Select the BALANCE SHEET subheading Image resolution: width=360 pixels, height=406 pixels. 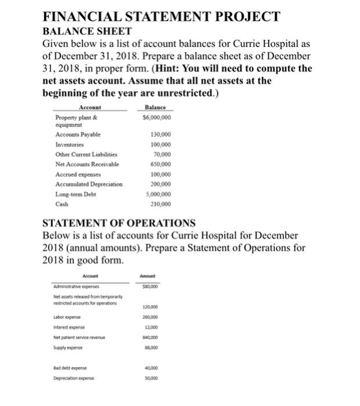click(x=87, y=31)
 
